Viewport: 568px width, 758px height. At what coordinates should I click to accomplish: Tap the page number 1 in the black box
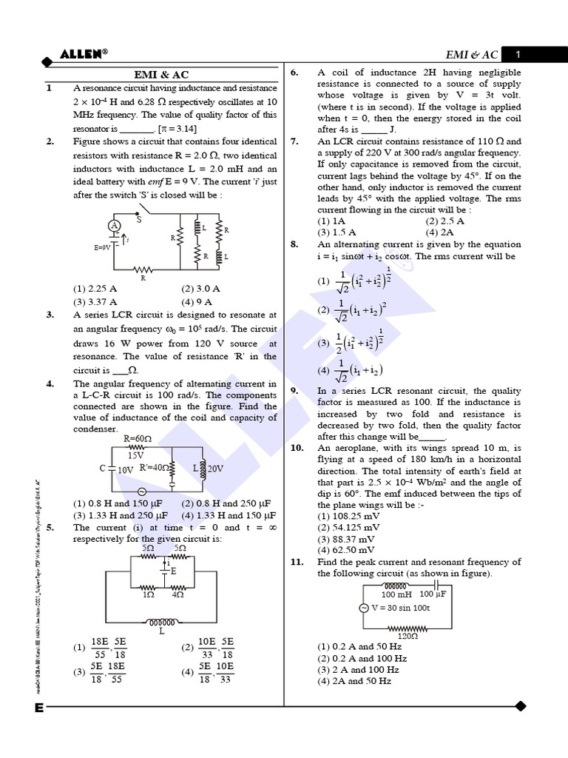pyautogui.click(x=518, y=55)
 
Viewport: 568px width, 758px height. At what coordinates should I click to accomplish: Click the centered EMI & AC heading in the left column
pyautogui.click(x=161, y=75)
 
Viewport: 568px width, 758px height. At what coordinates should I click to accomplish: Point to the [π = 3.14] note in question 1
pyautogui.click(x=175, y=128)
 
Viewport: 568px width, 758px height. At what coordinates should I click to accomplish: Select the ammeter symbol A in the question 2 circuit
pyautogui.click(x=115, y=225)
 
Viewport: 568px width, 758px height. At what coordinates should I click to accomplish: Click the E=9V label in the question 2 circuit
pyautogui.click(x=102, y=248)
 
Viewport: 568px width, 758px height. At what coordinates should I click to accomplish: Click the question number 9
pyautogui.click(x=294, y=391)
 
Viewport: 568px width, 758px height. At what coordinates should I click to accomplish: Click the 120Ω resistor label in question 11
pyautogui.click(x=408, y=635)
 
